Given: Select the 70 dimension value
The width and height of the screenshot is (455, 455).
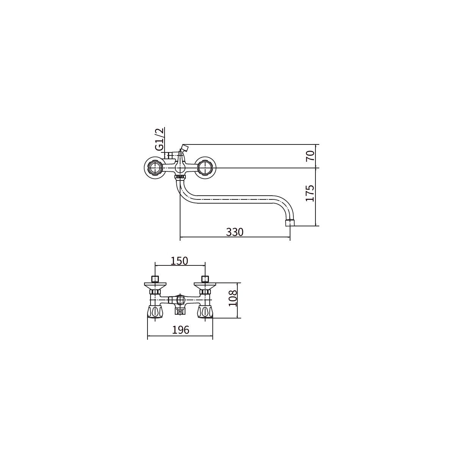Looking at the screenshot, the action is tap(310, 156).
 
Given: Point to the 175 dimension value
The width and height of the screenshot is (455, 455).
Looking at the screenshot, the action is tap(310, 193).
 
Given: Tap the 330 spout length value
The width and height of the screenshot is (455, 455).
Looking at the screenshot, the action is tap(235, 232).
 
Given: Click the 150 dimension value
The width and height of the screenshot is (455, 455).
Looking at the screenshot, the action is tap(179, 261).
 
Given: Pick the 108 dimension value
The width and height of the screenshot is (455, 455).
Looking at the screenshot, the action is tap(233, 298).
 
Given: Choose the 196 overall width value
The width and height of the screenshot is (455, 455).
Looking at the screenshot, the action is tap(180, 330).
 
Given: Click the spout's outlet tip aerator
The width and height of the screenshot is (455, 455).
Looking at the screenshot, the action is tap(290, 223).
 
